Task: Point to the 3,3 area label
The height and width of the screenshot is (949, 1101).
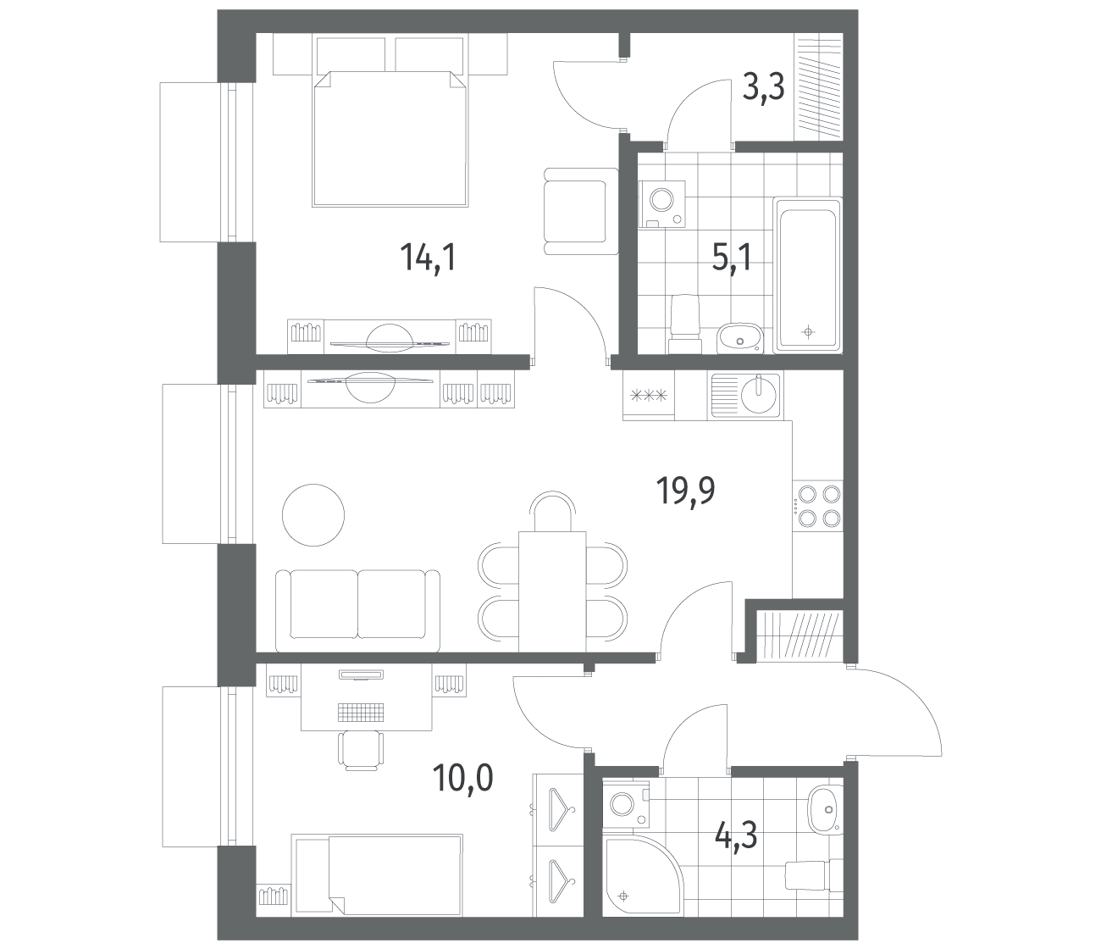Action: [x=763, y=88]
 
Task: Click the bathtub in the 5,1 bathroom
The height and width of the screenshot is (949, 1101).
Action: [x=807, y=275]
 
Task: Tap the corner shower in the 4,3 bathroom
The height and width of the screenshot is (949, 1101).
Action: [x=642, y=875]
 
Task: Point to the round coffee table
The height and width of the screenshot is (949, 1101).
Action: [x=313, y=514]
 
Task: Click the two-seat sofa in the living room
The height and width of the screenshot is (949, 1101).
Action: [x=358, y=611]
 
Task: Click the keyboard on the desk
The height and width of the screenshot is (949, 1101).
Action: [x=361, y=711]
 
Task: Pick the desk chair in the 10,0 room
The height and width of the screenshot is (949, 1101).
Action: [x=361, y=750]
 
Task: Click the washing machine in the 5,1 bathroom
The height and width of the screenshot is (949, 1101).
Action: [x=661, y=204]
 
